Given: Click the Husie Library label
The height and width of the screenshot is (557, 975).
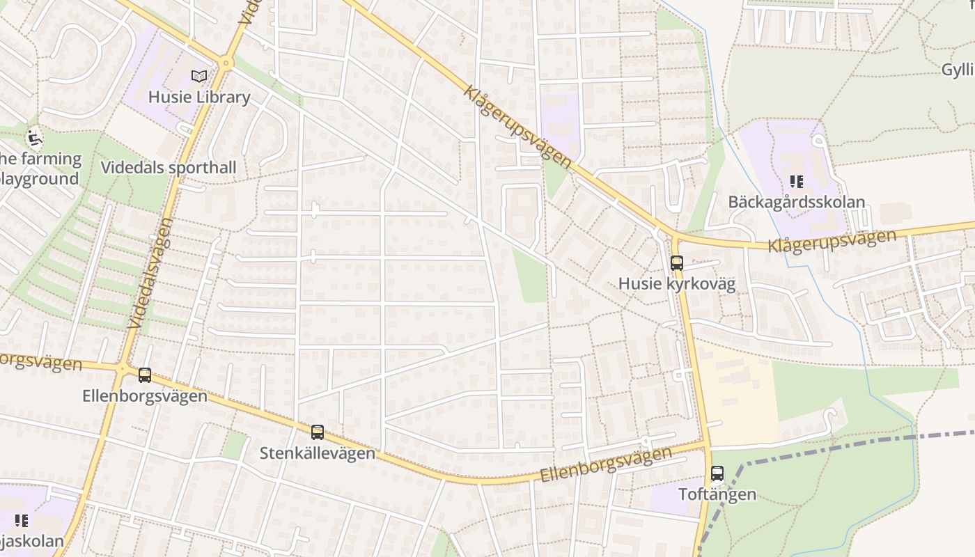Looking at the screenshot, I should click(x=199, y=97).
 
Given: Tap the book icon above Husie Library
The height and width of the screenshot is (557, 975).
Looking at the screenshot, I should click(x=199, y=76).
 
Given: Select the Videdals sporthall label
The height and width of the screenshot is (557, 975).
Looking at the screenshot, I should click(x=169, y=168).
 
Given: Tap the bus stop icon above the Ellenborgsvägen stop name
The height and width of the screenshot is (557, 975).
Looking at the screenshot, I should click(x=145, y=375).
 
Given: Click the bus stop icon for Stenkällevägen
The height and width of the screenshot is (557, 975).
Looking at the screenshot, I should click(x=318, y=432).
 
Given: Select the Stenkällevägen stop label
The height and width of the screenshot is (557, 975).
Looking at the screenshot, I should click(x=318, y=453).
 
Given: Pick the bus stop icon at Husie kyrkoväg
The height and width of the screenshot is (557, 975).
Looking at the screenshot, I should click(x=677, y=263).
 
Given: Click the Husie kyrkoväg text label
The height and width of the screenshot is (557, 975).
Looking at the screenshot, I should click(x=677, y=284).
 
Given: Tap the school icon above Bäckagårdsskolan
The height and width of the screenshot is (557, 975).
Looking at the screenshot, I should click(x=797, y=182).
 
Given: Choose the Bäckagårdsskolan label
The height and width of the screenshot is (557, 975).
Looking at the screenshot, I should click(x=797, y=203).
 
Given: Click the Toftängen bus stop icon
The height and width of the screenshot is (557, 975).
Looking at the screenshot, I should click(x=717, y=474).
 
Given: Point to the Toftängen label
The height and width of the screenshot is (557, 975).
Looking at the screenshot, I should click(x=717, y=495).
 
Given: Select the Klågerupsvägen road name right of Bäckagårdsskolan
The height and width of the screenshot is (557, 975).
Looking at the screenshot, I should click(x=832, y=241).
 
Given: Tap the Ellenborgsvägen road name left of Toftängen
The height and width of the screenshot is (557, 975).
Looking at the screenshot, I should click(x=607, y=464).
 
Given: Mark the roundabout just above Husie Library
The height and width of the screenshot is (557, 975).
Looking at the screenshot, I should click(x=225, y=63).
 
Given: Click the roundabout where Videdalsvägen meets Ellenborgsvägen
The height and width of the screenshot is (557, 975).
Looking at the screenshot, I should click(x=123, y=368).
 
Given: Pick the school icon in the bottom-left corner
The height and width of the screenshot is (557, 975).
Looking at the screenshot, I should click(x=22, y=520).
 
